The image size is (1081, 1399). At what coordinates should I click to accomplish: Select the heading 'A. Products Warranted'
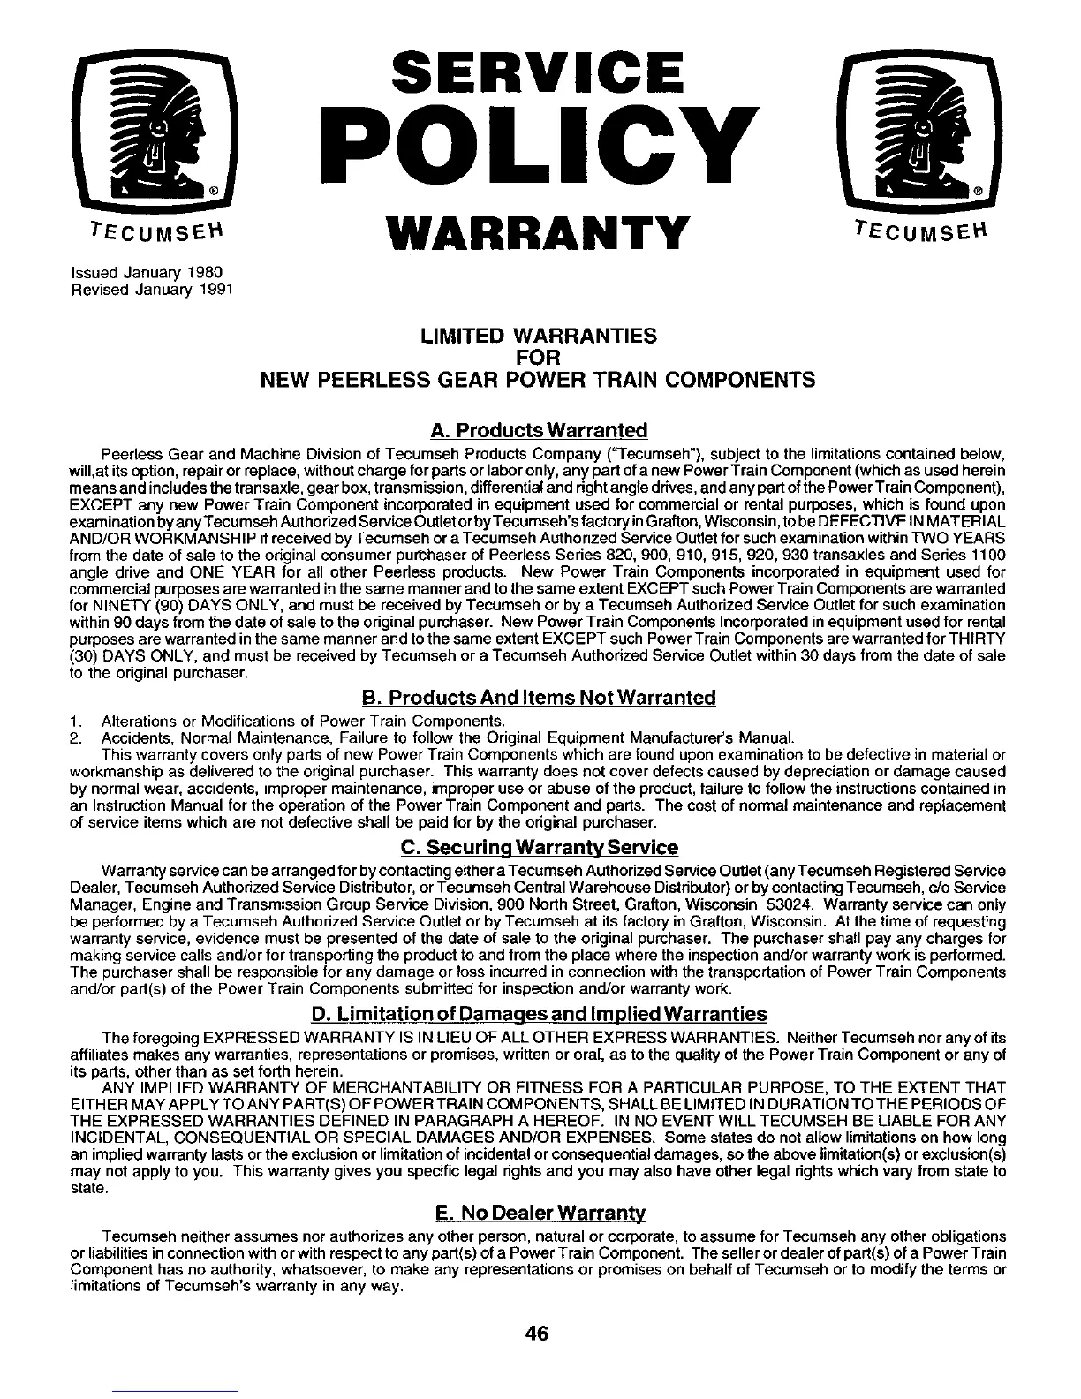539,430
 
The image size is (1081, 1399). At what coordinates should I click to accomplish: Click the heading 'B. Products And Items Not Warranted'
539,698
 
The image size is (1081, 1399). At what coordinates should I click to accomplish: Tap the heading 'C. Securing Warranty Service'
539,848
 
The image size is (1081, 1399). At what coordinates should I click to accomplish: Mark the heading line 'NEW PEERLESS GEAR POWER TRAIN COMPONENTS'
538,381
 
